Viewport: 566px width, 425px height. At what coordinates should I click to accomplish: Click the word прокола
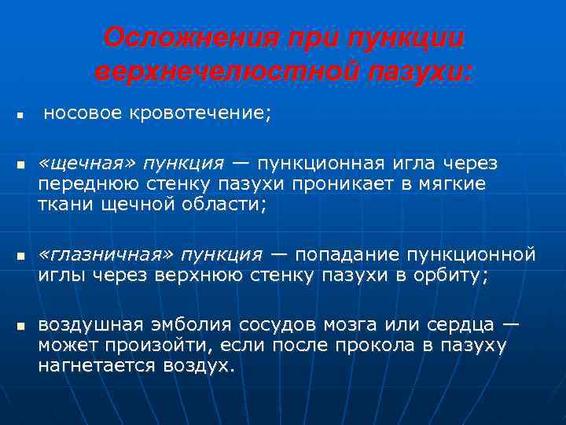(x=367, y=346)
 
